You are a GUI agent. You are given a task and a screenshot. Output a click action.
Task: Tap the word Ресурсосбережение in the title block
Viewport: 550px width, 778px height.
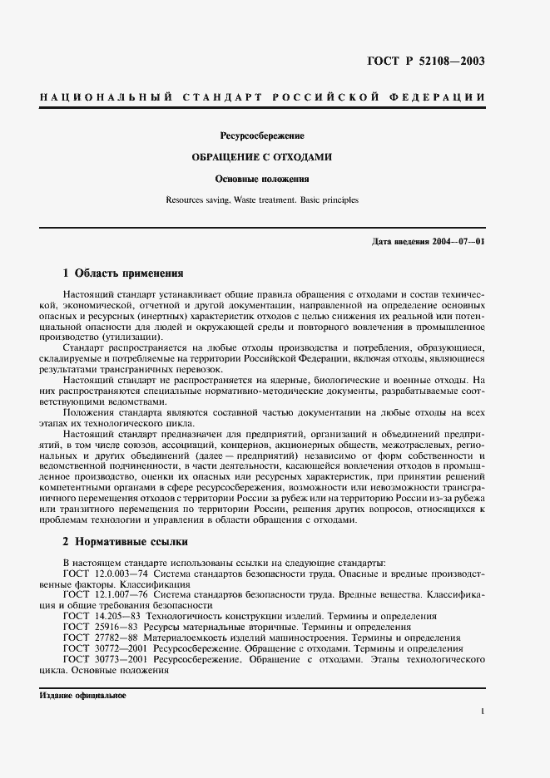coord(262,135)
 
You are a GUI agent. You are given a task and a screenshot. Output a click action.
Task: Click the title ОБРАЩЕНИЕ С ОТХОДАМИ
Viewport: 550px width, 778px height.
coord(262,156)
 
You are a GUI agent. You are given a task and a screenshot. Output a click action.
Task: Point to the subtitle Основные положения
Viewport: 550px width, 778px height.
coord(262,178)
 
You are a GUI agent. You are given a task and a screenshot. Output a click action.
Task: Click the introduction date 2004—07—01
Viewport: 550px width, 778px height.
coord(458,242)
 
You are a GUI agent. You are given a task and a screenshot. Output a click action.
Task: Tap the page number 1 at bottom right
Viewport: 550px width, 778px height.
coord(483,712)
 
